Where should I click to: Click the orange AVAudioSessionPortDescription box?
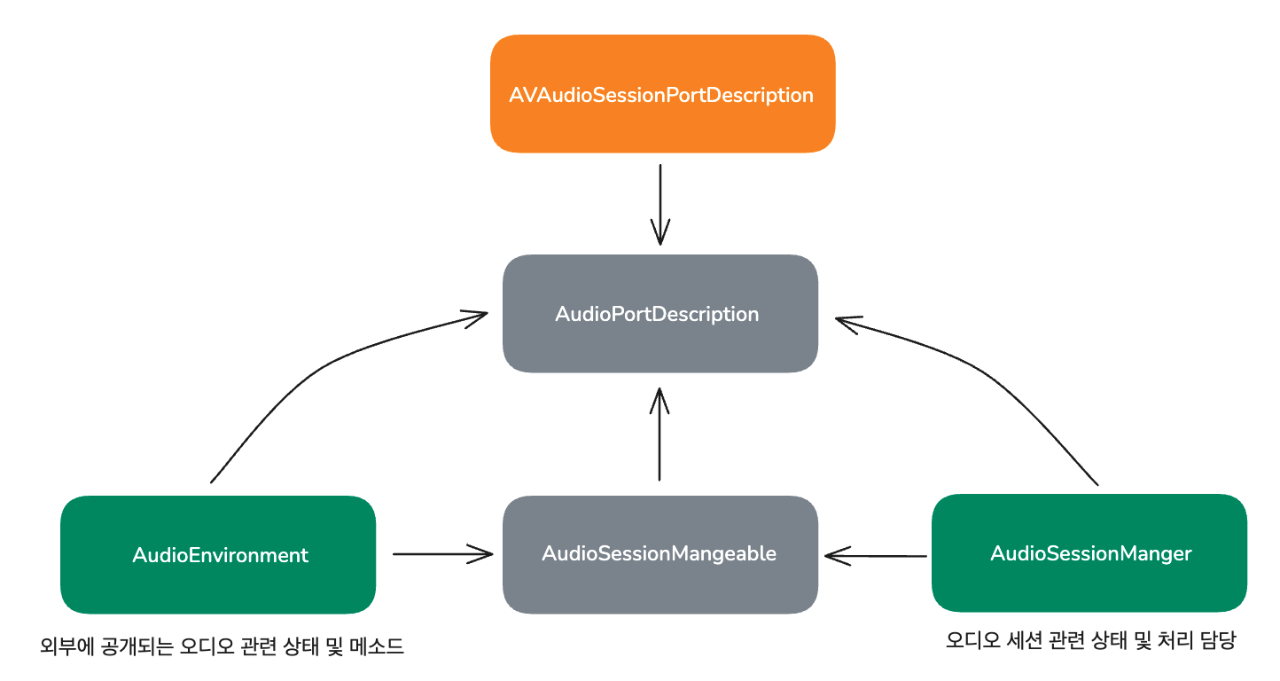click(x=662, y=94)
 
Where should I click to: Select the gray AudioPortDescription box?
click(x=660, y=314)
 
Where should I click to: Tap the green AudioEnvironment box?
click(x=218, y=555)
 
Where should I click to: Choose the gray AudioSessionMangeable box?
click(x=660, y=554)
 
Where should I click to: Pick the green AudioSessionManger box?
click(x=1089, y=554)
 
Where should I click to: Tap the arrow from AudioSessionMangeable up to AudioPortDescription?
click(x=659, y=434)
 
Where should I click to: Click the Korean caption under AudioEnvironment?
click(x=222, y=646)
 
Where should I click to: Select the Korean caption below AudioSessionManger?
click(x=1090, y=641)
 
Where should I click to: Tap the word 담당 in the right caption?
click(x=1218, y=641)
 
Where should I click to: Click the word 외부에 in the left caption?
click(x=63, y=646)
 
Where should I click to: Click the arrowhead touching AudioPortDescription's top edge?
click(x=660, y=236)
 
